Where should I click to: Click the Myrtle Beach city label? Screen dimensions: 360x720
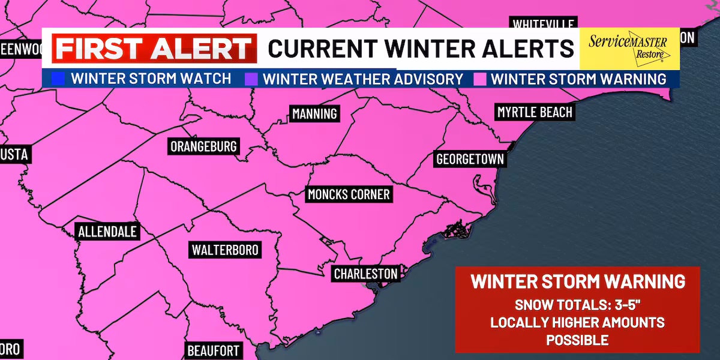coord(535,112)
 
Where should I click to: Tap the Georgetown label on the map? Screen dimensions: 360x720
coord(470,160)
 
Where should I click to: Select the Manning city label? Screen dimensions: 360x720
coord(314,113)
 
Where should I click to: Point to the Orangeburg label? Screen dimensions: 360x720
coord(204,146)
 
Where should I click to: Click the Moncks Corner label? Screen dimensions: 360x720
coord(349,194)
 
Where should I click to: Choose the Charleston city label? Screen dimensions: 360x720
coord(365,274)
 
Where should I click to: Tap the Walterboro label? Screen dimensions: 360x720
coord(225,250)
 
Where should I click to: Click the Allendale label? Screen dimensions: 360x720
coord(107,232)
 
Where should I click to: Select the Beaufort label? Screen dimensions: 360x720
coord(214,350)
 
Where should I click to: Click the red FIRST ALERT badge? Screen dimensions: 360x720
coord(154,49)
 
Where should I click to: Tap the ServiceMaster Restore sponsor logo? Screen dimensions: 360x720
coord(629,47)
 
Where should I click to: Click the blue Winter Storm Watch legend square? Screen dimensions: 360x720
coord(58,79)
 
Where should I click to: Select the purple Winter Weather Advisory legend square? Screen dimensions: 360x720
coord(250,79)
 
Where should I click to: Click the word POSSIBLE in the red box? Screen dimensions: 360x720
coord(577,340)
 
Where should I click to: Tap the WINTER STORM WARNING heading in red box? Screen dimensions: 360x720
coord(577,281)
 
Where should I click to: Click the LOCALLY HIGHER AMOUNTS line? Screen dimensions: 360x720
coord(577,322)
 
